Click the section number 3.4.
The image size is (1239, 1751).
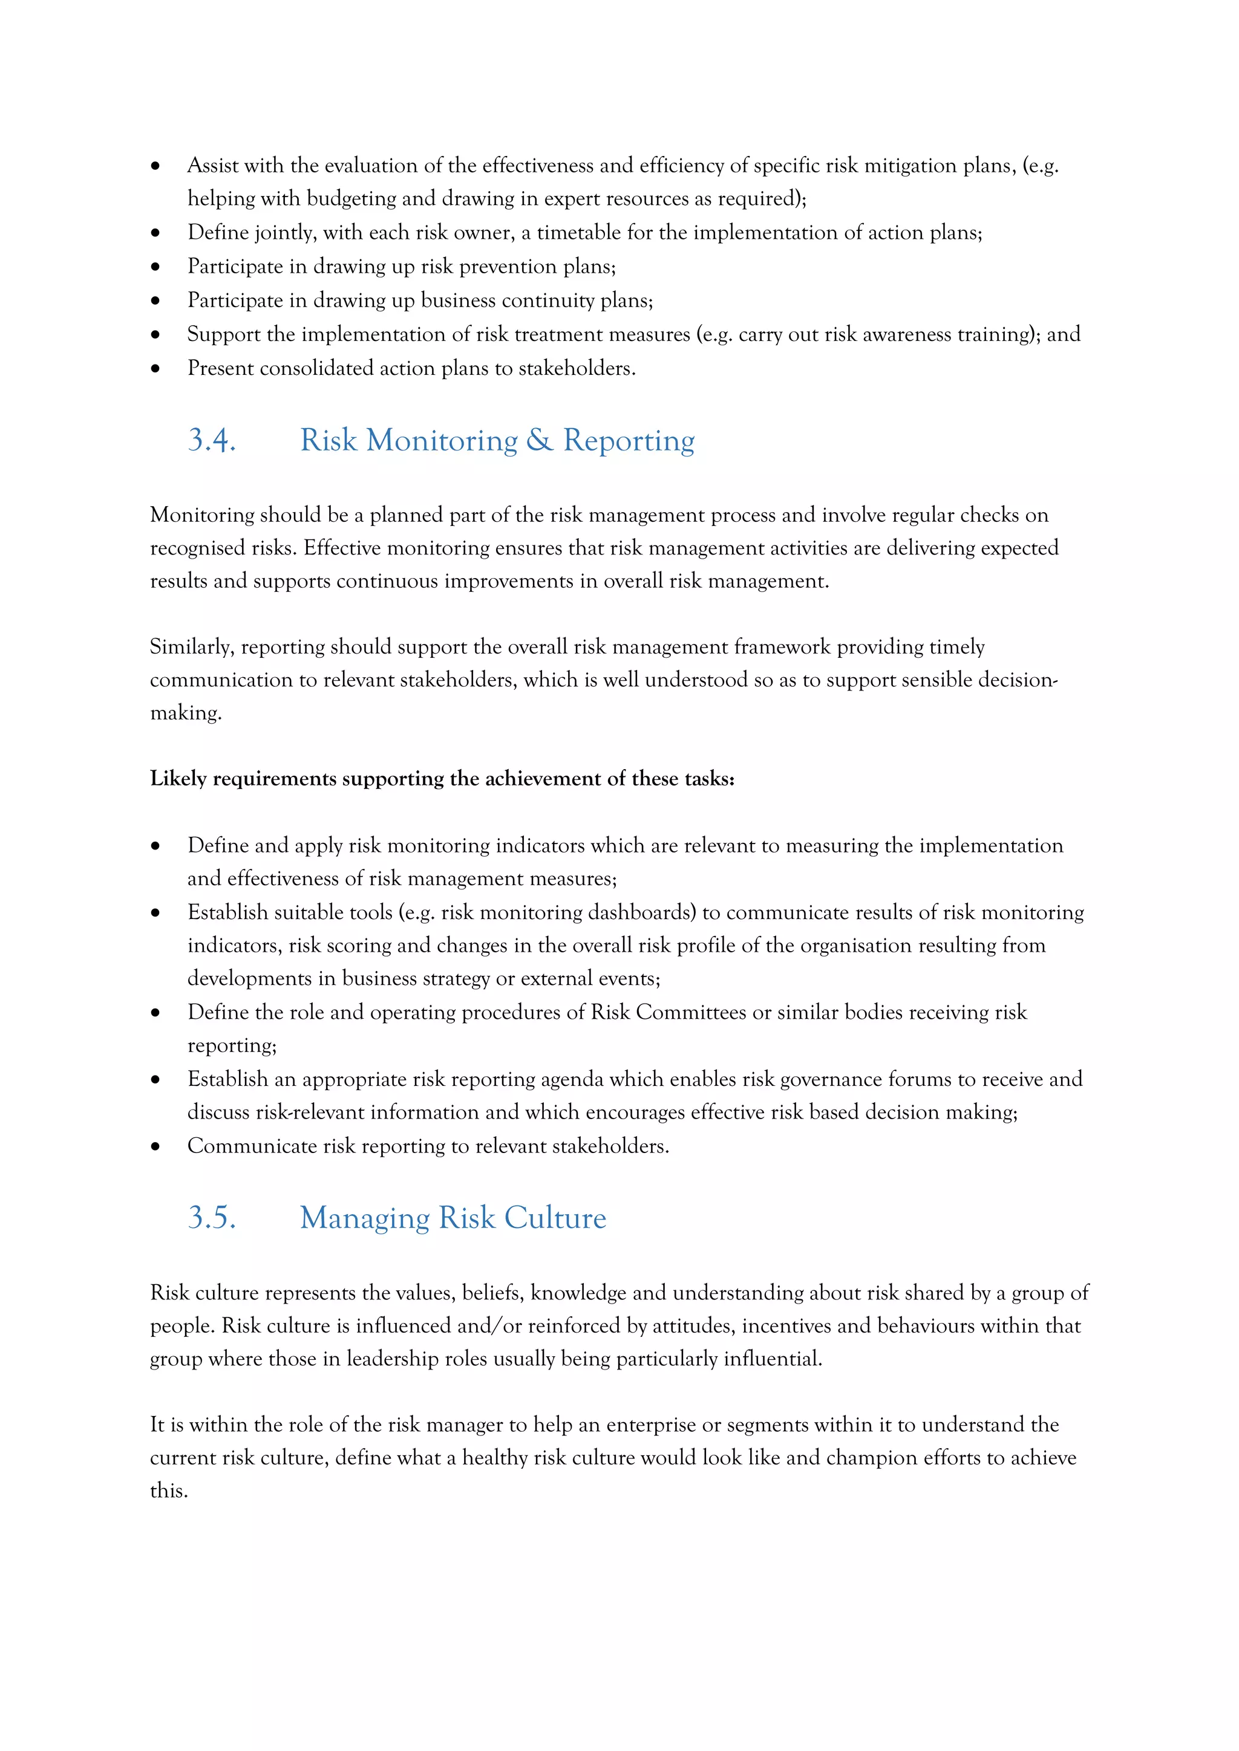pyautogui.click(x=211, y=441)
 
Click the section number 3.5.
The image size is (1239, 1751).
pyautogui.click(x=211, y=1218)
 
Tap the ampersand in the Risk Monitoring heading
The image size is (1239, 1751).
pyautogui.click(x=540, y=441)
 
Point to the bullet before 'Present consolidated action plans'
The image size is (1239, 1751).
pyautogui.click(x=155, y=369)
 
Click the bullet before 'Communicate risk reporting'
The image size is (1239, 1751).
pyautogui.click(x=155, y=1146)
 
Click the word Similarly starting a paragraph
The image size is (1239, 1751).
pyautogui.click(x=192, y=648)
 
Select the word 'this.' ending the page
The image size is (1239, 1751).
pyautogui.click(x=169, y=1491)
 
